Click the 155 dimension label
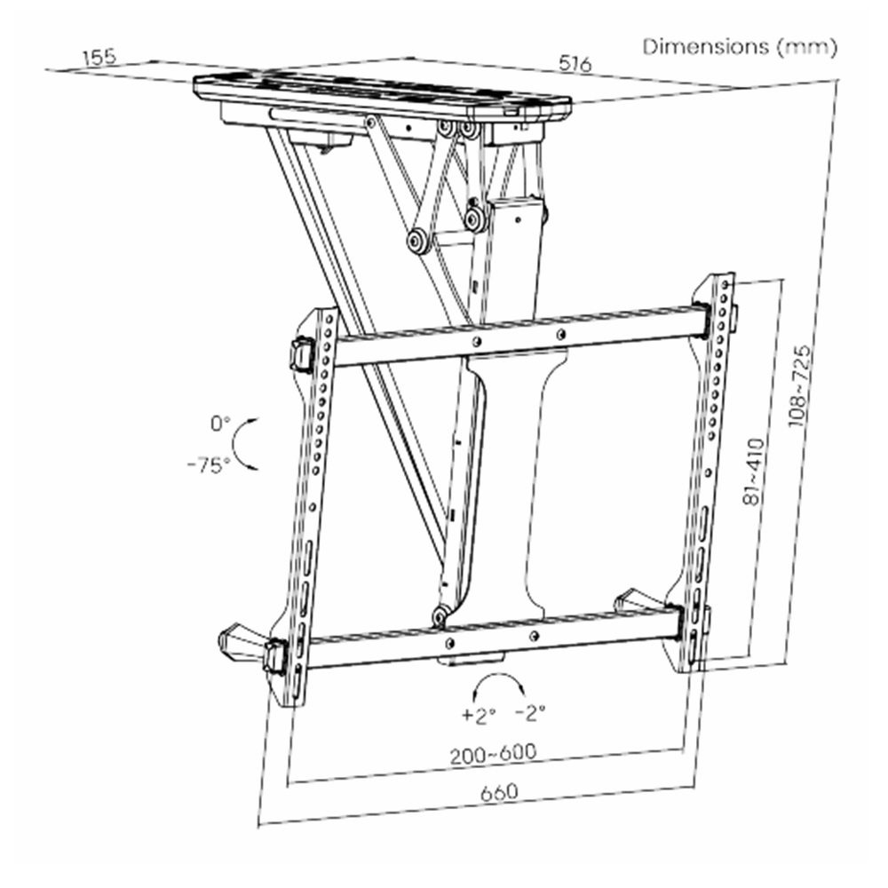pos(99,57)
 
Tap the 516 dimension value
pos(575,63)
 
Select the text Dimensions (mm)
pos(740,46)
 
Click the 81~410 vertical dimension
pos(753,472)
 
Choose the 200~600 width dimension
pos(493,753)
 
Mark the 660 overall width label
pos(499,792)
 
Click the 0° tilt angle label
pos(220,423)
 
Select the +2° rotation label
pos(479,715)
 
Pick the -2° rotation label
pos(530,712)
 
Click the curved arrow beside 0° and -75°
pos(238,444)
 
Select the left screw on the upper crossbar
pos(478,341)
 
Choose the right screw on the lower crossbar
pos(534,637)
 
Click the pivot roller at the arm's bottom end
pos(440,614)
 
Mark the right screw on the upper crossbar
pos(560,335)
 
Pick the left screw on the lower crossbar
pos(450,643)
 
